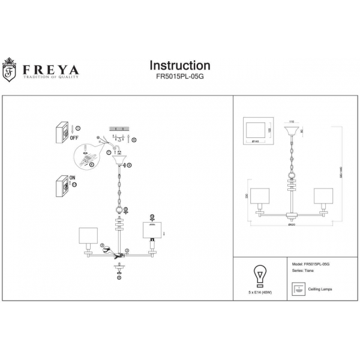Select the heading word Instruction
pyautogui.click(x=179, y=65)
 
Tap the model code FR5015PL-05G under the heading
pyautogui.click(x=179, y=77)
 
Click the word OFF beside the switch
pyautogui.click(x=76, y=137)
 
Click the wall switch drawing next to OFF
pyautogui.click(x=61, y=132)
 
